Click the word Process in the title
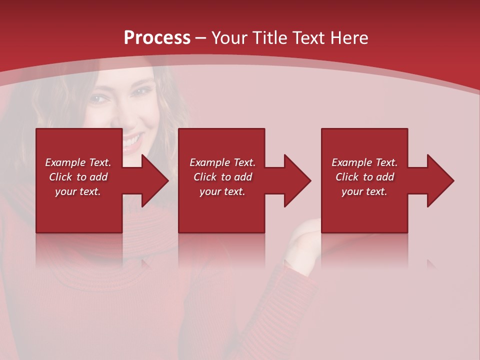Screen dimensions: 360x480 157,38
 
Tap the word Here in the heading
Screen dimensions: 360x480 350,38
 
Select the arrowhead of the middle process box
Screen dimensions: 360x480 296,180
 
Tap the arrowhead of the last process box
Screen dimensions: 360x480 439,180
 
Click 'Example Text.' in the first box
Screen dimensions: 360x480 78,162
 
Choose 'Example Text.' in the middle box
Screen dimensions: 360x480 222,162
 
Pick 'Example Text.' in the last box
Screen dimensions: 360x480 364,162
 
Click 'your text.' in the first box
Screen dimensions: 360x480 78,191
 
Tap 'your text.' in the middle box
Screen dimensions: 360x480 222,191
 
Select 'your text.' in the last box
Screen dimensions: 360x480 364,191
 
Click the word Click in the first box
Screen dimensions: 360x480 60,177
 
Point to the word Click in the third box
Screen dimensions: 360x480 347,177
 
